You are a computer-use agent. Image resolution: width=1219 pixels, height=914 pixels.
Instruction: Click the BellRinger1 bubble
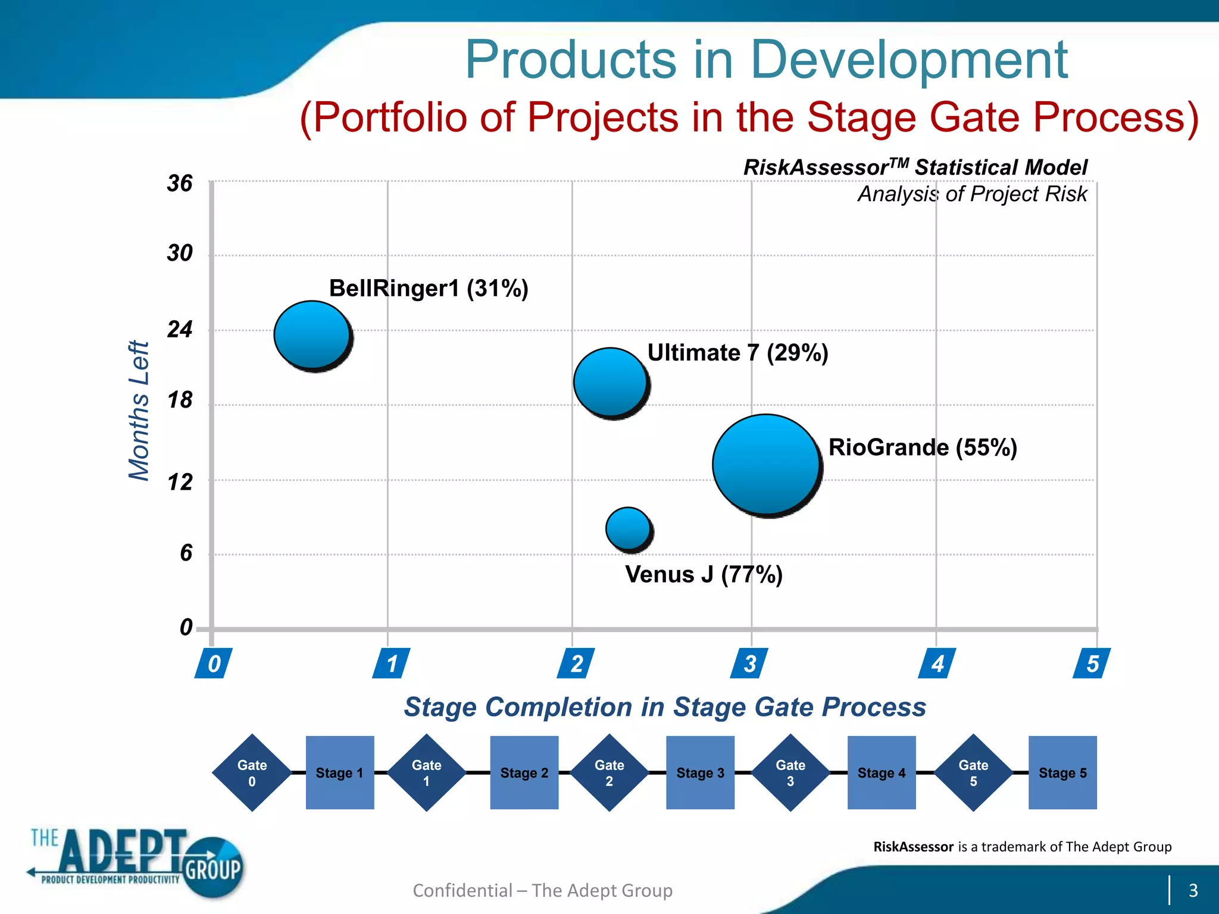pyautogui.click(x=312, y=335)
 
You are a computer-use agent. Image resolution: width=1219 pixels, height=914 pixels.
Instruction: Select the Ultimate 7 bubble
pyautogui.click(x=611, y=382)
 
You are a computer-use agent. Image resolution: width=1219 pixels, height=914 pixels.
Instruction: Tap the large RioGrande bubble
pyautogui.click(x=766, y=464)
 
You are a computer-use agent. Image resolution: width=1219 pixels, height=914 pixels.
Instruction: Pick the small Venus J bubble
pyautogui.click(x=629, y=528)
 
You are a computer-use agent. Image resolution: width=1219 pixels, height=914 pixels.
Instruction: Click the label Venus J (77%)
pyautogui.click(x=704, y=575)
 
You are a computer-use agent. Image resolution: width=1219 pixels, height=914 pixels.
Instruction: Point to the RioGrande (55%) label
pyautogui.click(x=923, y=447)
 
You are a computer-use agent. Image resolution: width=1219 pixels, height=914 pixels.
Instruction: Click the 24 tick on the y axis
pyautogui.click(x=180, y=330)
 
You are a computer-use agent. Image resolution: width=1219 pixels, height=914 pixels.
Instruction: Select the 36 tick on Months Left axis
pyautogui.click(x=180, y=183)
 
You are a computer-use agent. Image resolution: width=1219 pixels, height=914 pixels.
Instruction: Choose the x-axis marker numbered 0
pyautogui.click(x=214, y=663)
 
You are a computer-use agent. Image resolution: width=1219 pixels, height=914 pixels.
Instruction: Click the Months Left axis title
pyautogui.click(x=139, y=411)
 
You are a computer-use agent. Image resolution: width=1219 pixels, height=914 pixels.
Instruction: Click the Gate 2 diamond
pyautogui.click(x=609, y=772)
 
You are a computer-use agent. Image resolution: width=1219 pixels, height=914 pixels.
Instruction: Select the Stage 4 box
pyautogui.click(x=881, y=772)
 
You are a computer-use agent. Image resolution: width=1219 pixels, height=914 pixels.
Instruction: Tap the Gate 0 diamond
pyautogui.click(x=252, y=772)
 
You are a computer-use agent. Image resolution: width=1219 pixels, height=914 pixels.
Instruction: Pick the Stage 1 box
pyautogui.click(x=339, y=772)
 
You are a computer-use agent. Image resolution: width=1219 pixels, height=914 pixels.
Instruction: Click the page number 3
pyautogui.click(x=1193, y=890)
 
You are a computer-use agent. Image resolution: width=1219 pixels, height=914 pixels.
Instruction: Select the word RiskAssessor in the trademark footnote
pyautogui.click(x=913, y=847)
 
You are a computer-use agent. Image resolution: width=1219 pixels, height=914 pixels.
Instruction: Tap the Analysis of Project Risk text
pyautogui.click(x=972, y=194)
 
